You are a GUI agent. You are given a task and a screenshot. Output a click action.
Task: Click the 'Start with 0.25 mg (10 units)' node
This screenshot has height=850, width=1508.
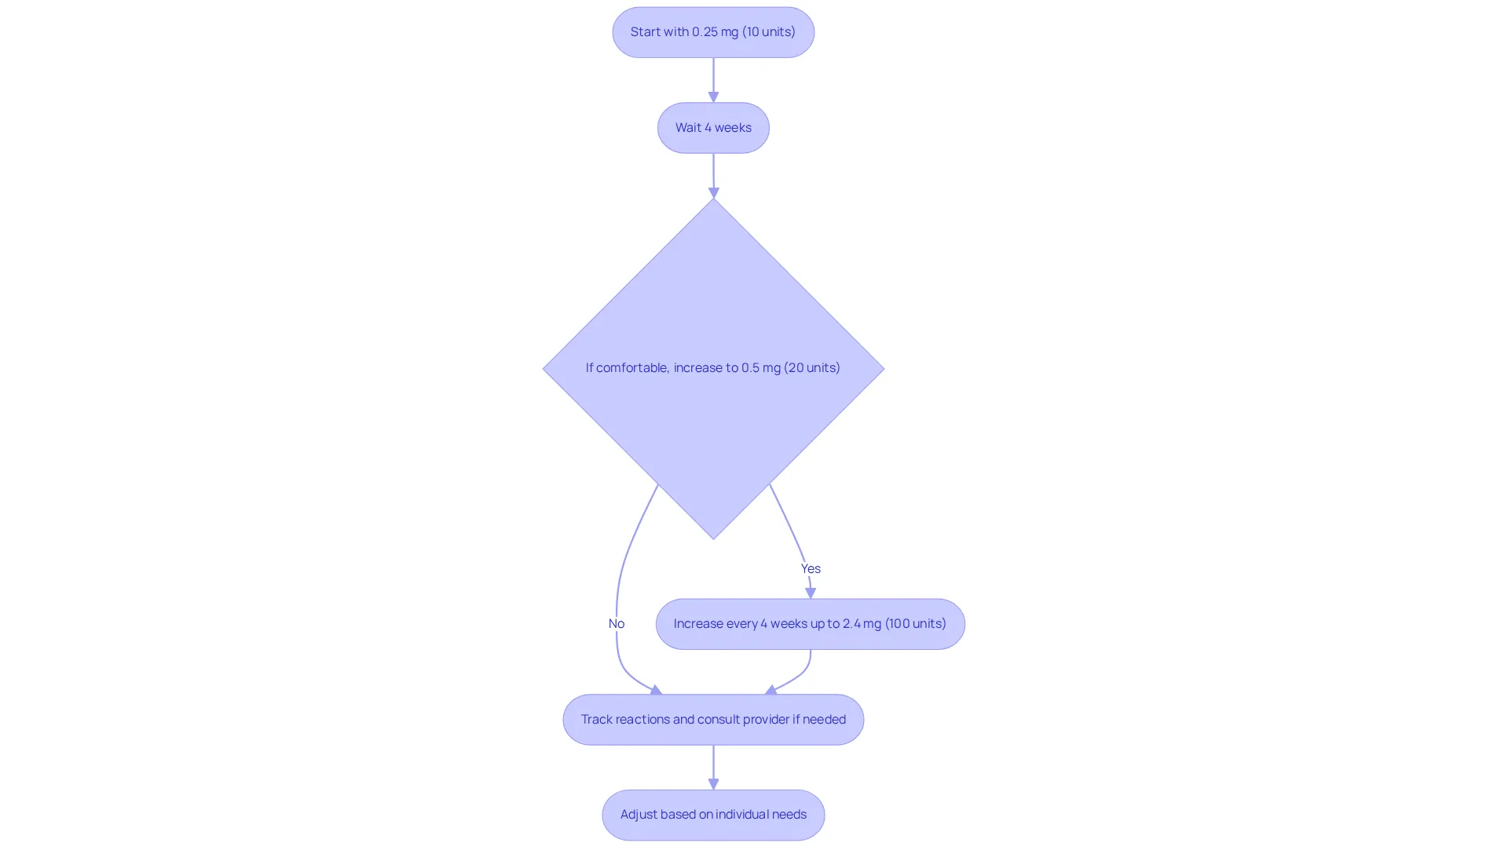pos(713,32)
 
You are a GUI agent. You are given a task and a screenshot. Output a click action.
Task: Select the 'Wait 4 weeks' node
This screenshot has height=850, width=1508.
pos(713,128)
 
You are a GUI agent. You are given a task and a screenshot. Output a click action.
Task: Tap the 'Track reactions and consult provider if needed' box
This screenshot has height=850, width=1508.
pos(713,720)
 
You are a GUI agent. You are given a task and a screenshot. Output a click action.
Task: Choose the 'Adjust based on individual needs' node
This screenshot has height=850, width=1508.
pos(713,815)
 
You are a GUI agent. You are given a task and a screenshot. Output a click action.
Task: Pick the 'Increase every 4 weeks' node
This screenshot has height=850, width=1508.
pos(811,624)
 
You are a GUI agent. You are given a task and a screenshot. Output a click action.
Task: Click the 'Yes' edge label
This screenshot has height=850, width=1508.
pos(811,568)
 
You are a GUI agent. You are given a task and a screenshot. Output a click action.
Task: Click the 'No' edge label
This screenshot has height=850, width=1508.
pos(617,623)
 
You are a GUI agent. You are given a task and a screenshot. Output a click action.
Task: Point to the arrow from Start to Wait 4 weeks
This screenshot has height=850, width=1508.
pos(713,80)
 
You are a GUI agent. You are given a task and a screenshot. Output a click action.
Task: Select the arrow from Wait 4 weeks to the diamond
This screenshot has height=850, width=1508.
pos(713,176)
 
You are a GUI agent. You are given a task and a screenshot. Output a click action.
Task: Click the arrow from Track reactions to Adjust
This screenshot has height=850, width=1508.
pos(713,768)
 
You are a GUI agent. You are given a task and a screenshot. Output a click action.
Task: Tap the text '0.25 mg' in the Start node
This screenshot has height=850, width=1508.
pos(715,32)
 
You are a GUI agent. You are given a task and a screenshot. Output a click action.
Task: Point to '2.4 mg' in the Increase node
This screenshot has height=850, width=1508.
pos(862,623)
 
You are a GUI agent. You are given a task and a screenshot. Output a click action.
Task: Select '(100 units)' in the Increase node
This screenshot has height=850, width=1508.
pos(916,623)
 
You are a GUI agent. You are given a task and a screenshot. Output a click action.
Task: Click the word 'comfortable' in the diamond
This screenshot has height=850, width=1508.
pos(633,367)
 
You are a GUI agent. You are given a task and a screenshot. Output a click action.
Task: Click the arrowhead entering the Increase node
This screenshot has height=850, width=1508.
pos(811,593)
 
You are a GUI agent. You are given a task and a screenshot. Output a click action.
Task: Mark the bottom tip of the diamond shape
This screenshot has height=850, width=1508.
pos(713,539)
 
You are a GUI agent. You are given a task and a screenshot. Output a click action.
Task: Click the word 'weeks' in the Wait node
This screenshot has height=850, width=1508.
pos(733,127)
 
